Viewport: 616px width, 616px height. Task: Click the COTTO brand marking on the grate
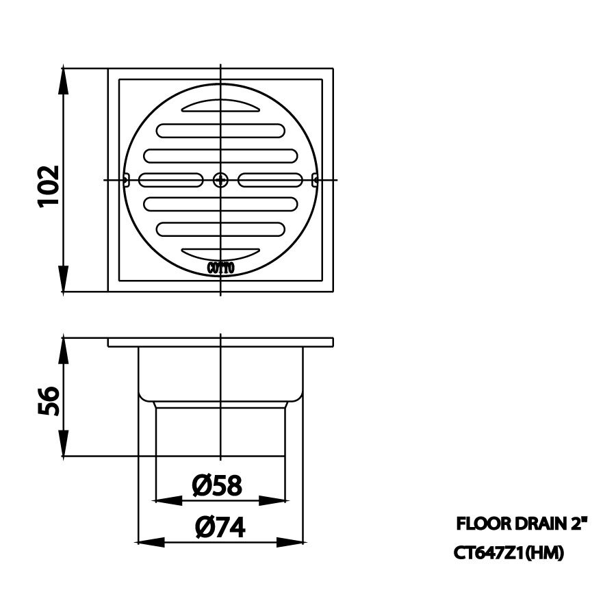(x=220, y=268)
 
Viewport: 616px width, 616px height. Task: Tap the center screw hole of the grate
(x=220, y=180)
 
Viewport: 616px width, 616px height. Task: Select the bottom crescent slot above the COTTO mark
(x=220, y=252)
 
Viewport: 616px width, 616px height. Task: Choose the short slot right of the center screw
(x=271, y=180)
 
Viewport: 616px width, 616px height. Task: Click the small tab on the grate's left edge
(x=127, y=180)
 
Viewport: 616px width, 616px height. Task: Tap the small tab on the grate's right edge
(x=314, y=180)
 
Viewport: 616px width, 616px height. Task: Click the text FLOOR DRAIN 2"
(x=522, y=525)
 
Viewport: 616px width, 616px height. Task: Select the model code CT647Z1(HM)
(x=509, y=553)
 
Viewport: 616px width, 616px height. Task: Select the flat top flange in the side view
(x=220, y=342)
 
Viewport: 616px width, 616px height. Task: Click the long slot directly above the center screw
(x=220, y=155)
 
